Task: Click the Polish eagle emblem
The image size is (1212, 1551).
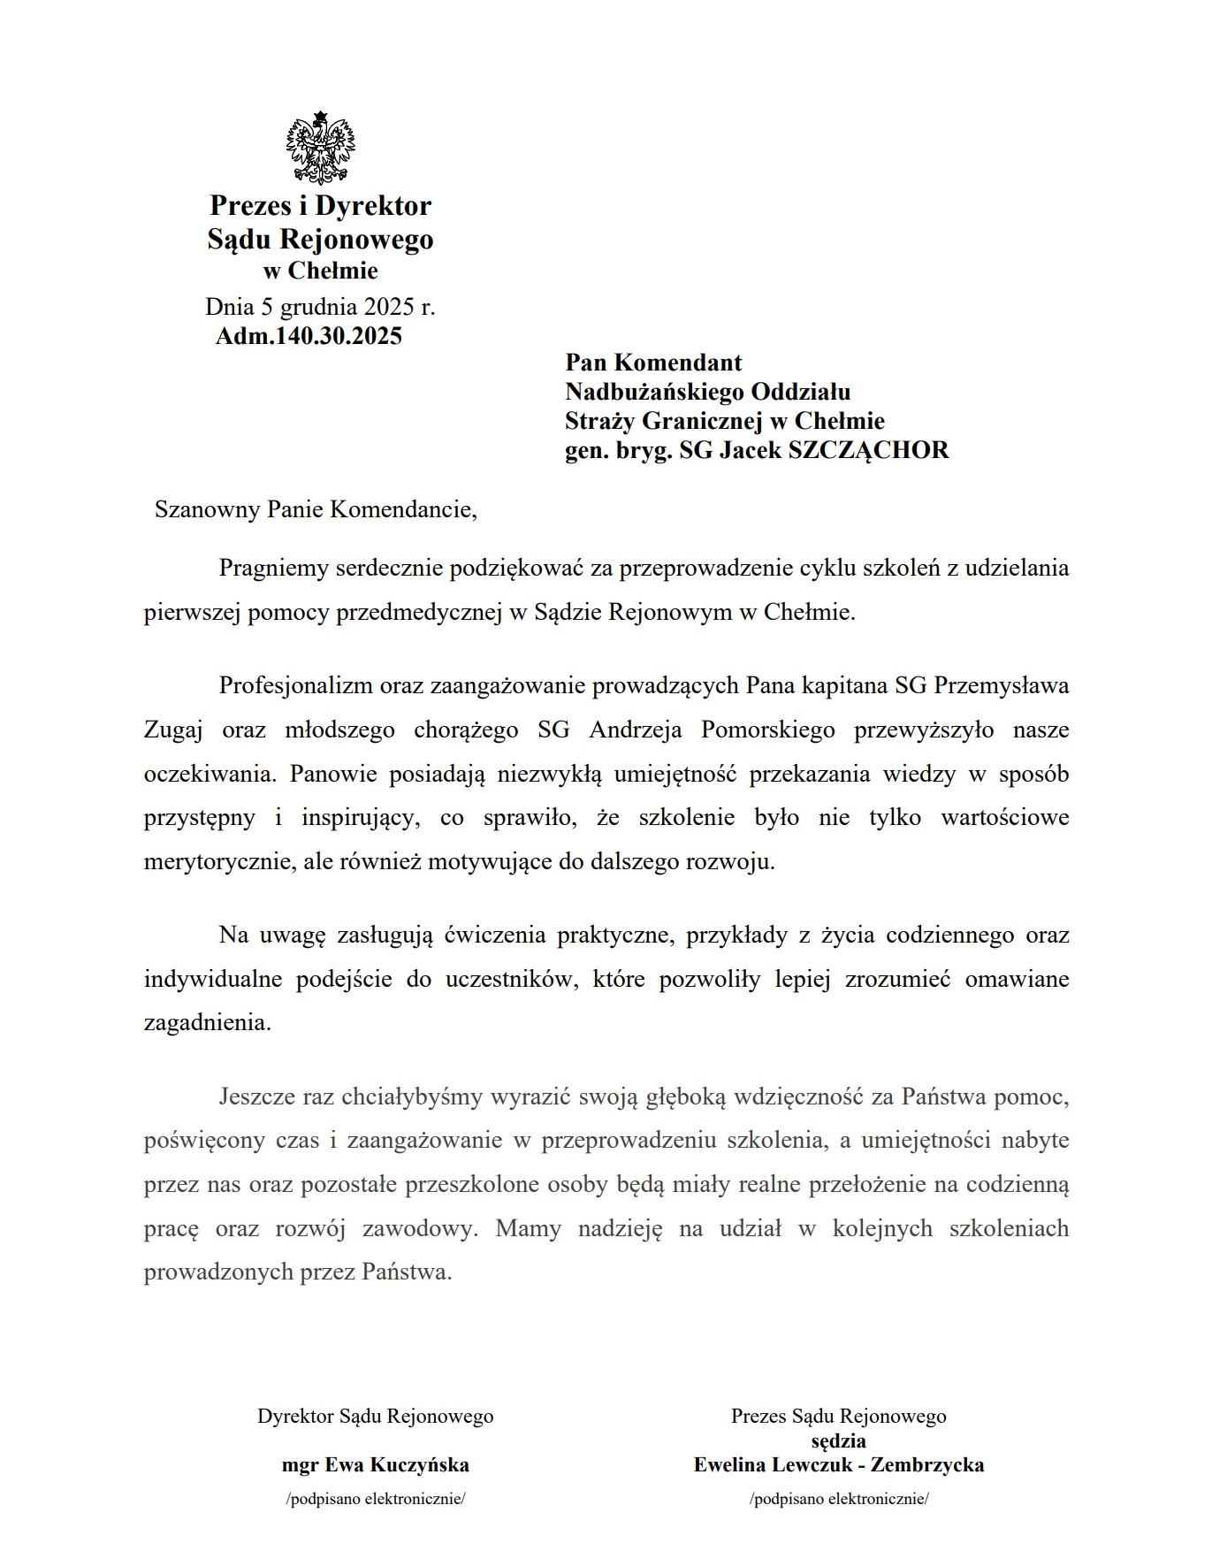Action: tap(320, 149)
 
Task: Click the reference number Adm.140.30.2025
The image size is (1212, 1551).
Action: tap(309, 336)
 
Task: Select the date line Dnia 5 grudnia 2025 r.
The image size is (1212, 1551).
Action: tap(320, 307)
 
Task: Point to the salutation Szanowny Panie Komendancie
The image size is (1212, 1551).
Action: tap(316, 510)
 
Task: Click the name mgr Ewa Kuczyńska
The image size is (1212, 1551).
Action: tap(375, 1465)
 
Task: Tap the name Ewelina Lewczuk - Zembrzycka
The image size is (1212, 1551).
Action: tap(838, 1465)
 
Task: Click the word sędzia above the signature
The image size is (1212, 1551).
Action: tap(838, 1440)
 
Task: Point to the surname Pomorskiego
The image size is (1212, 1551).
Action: tap(767, 730)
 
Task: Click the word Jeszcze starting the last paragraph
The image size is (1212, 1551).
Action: tap(256, 1097)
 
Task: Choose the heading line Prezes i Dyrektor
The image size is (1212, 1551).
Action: tap(320, 206)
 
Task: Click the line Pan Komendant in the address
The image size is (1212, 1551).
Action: tap(653, 363)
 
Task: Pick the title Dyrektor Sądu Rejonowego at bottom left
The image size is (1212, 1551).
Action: tap(375, 1417)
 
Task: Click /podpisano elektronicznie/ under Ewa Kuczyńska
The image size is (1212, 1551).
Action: tap(375, 1500)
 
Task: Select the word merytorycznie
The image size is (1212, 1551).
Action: tap(217, 862)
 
